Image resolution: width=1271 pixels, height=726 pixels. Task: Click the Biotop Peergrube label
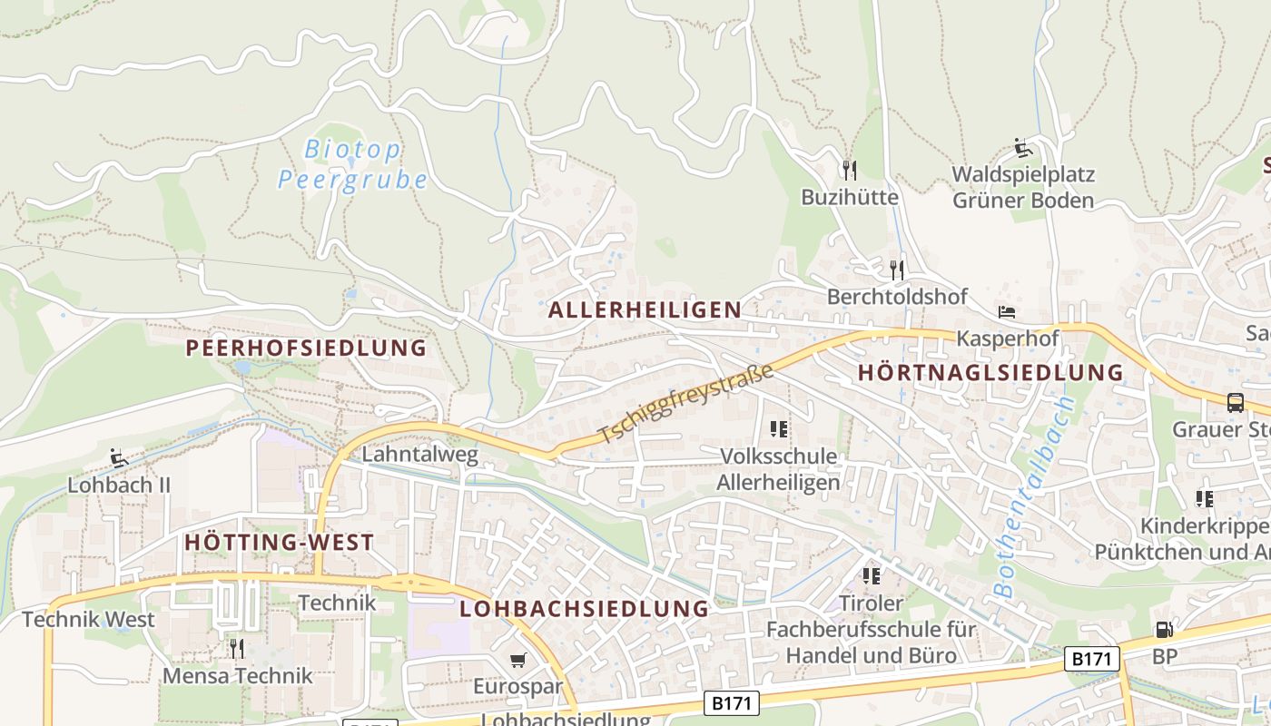[x=352, y=163]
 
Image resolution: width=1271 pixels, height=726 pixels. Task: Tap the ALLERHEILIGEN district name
[x=645, y=309]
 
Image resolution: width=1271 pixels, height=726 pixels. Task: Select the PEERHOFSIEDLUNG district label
[x=306, y=348]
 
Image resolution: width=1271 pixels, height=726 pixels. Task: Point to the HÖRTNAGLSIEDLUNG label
[x=990, y=372]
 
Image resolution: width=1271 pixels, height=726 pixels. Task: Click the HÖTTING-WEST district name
[x=279, y=543]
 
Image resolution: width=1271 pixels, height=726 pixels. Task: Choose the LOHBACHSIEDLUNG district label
[x=584, y=608]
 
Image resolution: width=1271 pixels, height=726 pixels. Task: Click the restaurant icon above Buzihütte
[x=850, y=170]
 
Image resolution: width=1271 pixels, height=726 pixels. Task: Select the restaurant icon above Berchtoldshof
[x=897, y=270]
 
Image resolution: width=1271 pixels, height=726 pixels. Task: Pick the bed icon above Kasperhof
[x=1007, y=312]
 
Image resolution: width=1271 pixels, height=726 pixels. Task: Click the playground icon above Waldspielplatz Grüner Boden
[x=1023, y=147]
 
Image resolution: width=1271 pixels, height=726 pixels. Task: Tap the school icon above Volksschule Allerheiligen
[x=778, y=428]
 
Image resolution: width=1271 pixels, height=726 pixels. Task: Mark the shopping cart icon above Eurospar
[x=517, y=661]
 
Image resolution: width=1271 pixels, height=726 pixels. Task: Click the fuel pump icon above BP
[x=1163, y=630]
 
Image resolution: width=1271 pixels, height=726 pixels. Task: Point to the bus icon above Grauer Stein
[x=1235, y=402]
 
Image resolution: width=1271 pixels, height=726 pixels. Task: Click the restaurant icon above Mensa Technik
[x=237, y=648]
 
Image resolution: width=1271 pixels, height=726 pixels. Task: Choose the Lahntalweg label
[x=419, y=454]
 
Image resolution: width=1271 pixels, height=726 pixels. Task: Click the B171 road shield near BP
[x=1092, y=659]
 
